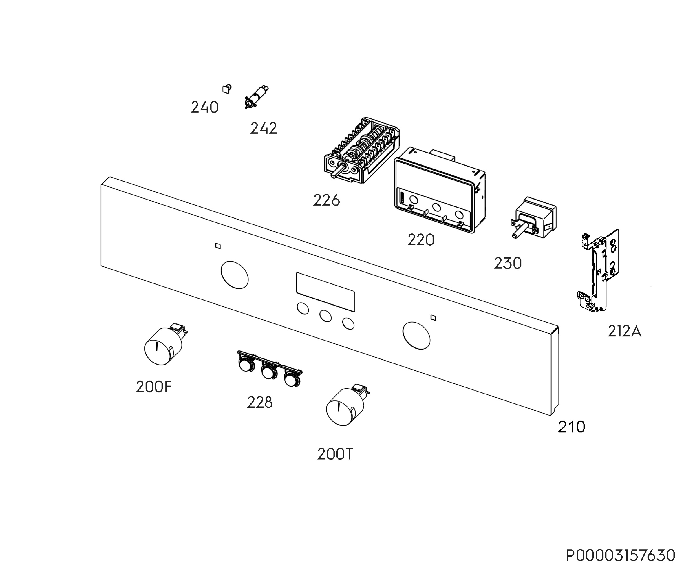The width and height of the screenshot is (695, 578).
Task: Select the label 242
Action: click(x=264, y=129)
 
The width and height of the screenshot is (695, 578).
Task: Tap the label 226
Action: click(x=326, y=200)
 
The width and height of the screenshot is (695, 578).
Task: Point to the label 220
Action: click(x=421, y=240)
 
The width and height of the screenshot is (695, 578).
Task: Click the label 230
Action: click(x=508, y=263)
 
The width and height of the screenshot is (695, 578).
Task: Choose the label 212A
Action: click(x=624, y=331)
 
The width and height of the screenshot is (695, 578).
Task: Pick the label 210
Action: click(x=571, y=427)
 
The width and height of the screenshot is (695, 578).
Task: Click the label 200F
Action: click(x=153, y=387)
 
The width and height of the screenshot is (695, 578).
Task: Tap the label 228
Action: click(x=259, y=402)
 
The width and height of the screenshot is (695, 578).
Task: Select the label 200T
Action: click(x=335, y=454)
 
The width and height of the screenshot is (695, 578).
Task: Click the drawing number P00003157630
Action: click(x=621, y=555)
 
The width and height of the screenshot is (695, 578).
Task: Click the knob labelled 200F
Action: click(x=163, y=346)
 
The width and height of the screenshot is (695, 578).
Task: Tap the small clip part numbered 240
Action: click(x=227, y=89)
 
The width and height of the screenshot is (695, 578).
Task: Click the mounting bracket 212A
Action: click(x=598, y=270)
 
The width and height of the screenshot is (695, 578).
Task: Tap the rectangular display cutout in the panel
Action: click(x=325, y=292)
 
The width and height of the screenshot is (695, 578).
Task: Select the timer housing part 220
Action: click(x=440, y=190)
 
